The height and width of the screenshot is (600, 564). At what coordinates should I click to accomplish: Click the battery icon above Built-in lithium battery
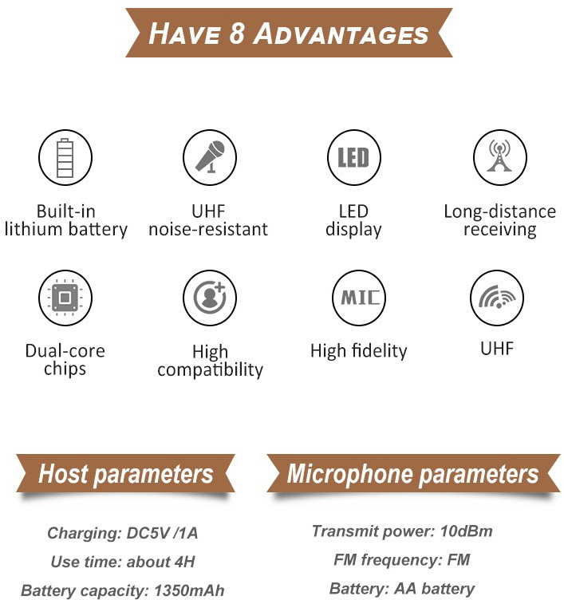65,157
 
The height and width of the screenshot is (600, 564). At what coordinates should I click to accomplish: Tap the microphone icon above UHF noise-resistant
210,157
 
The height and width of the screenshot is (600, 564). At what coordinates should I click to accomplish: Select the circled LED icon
354,157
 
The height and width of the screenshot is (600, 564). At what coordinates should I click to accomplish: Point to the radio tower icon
499,157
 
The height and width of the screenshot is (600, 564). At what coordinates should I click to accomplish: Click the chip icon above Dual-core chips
65,298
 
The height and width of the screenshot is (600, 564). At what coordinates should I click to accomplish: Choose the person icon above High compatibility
210,298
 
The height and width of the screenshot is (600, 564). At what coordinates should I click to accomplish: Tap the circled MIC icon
359,298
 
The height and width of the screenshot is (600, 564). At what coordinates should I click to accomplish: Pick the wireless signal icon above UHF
497,298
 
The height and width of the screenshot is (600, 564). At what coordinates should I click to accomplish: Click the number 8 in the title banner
237,34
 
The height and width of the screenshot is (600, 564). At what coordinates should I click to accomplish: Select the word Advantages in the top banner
341,34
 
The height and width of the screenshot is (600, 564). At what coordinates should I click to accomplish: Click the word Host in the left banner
64,473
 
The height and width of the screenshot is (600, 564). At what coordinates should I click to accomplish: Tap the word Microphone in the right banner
349,475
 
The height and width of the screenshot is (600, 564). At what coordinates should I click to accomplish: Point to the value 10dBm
466,531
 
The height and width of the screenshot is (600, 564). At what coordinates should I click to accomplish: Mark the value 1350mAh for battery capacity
189,590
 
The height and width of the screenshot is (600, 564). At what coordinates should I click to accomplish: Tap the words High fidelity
359,350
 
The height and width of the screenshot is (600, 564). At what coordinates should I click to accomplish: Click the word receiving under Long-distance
499,230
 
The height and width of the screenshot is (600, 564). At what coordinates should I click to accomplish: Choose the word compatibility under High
210,369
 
